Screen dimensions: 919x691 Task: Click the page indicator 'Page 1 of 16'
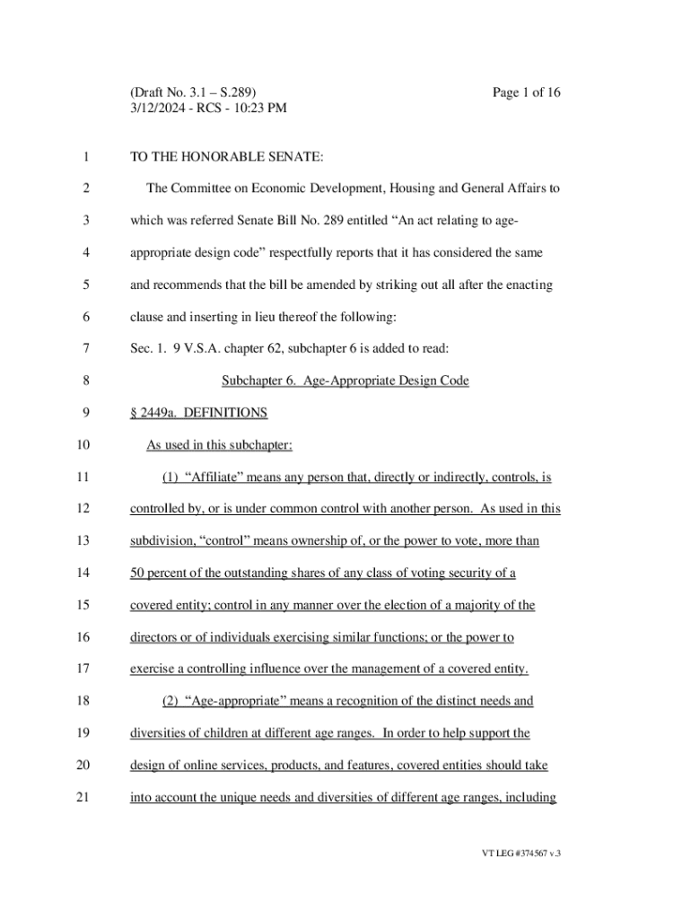tap(528, 92)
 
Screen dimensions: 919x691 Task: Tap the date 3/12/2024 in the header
tap(160, 109)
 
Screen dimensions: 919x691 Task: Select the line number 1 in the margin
tap(83, 157)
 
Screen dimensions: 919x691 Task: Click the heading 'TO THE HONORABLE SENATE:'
tap(226, 157)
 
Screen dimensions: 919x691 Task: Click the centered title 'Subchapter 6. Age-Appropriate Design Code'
tap(345, 381)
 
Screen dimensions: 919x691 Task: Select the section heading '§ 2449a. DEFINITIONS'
tap(199, 413)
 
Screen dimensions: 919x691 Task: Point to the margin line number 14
tap(83, 573)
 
